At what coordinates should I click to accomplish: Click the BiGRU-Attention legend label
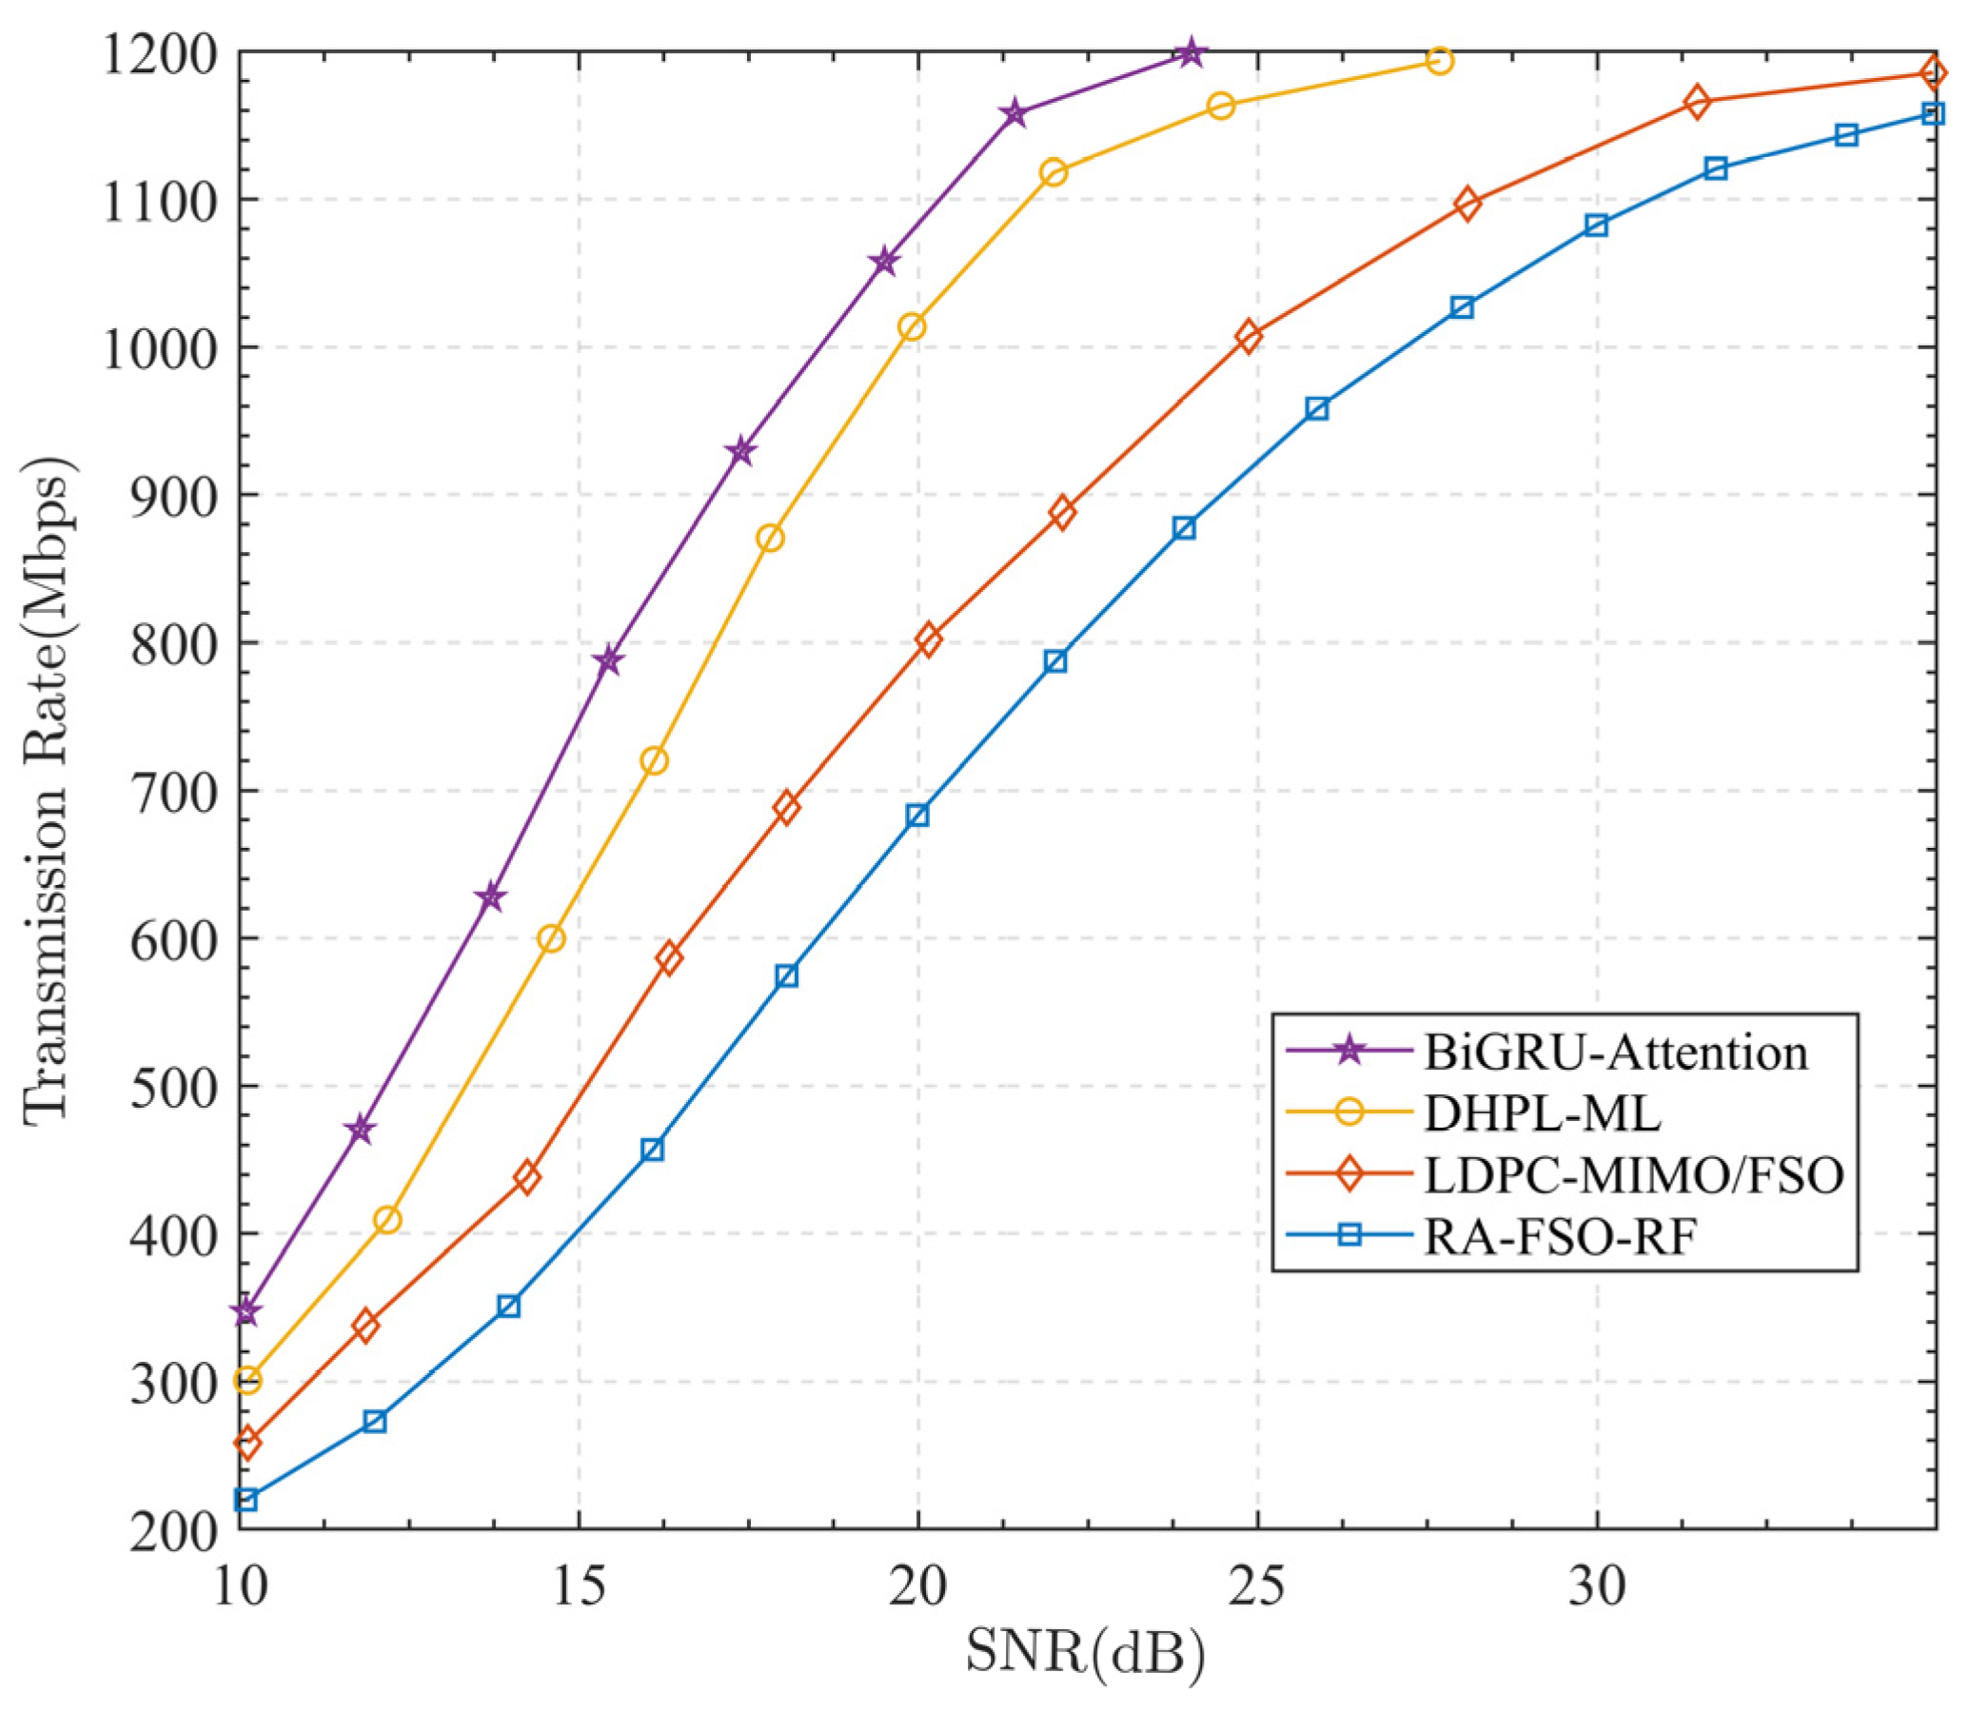(1616, 1052)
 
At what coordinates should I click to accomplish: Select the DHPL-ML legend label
(1542, 1113)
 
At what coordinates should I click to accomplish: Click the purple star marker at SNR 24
(1190, 53)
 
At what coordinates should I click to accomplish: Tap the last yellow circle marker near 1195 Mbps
(1440, 61)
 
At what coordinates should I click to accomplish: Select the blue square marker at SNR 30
(1596, 226)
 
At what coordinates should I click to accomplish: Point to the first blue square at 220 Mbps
(246, 1500)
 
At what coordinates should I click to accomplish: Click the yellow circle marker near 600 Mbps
(551, 939)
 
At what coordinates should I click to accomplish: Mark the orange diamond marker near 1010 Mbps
(1249, 336)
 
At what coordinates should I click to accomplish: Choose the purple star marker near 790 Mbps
(608, 660)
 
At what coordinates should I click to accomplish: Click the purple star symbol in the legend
(1349, 1052)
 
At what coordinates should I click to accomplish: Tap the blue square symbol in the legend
(1349, 1236)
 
